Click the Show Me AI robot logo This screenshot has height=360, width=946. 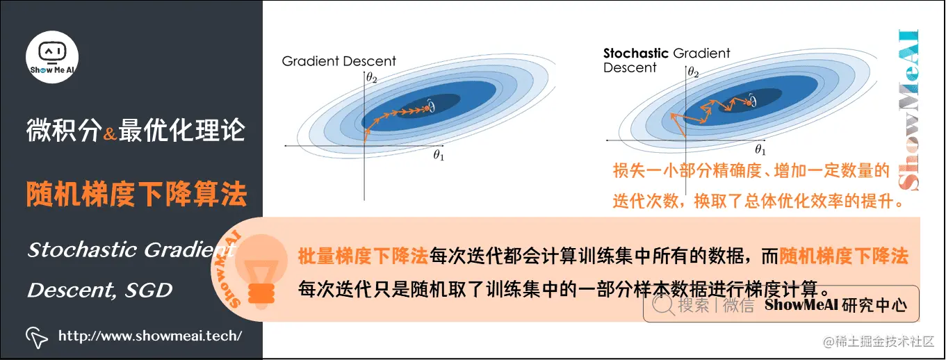pyautogui.click(x=52, y=56)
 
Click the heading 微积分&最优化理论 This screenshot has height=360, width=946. pyautogui.click(x=136, y=131)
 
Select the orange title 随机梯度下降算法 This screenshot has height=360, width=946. pyautogui.click(x=136, y=195)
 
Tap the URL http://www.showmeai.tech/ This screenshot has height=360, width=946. pyautogui.click(x=150, y=336)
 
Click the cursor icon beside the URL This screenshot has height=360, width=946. pyautogui.click(x=37, y=336)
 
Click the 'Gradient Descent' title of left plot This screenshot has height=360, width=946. pyautogui.click(x=339, y=61)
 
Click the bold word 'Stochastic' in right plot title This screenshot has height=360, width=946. pyautogui.click(x=635, y=53)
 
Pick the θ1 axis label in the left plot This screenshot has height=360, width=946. pyautogui.click(x=438, y=156)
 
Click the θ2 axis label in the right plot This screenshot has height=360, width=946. pyautogui.click(x=692, y=72)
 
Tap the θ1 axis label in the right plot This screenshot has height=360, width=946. pyautogui.click(x=760, y=149)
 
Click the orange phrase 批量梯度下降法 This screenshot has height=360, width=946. pyautogui.click(x=363, y=256)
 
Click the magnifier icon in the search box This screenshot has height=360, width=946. pyautogui.click(x=662, y=304)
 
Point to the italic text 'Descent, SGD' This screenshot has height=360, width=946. pyautogui.click(x=99, y=291)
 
